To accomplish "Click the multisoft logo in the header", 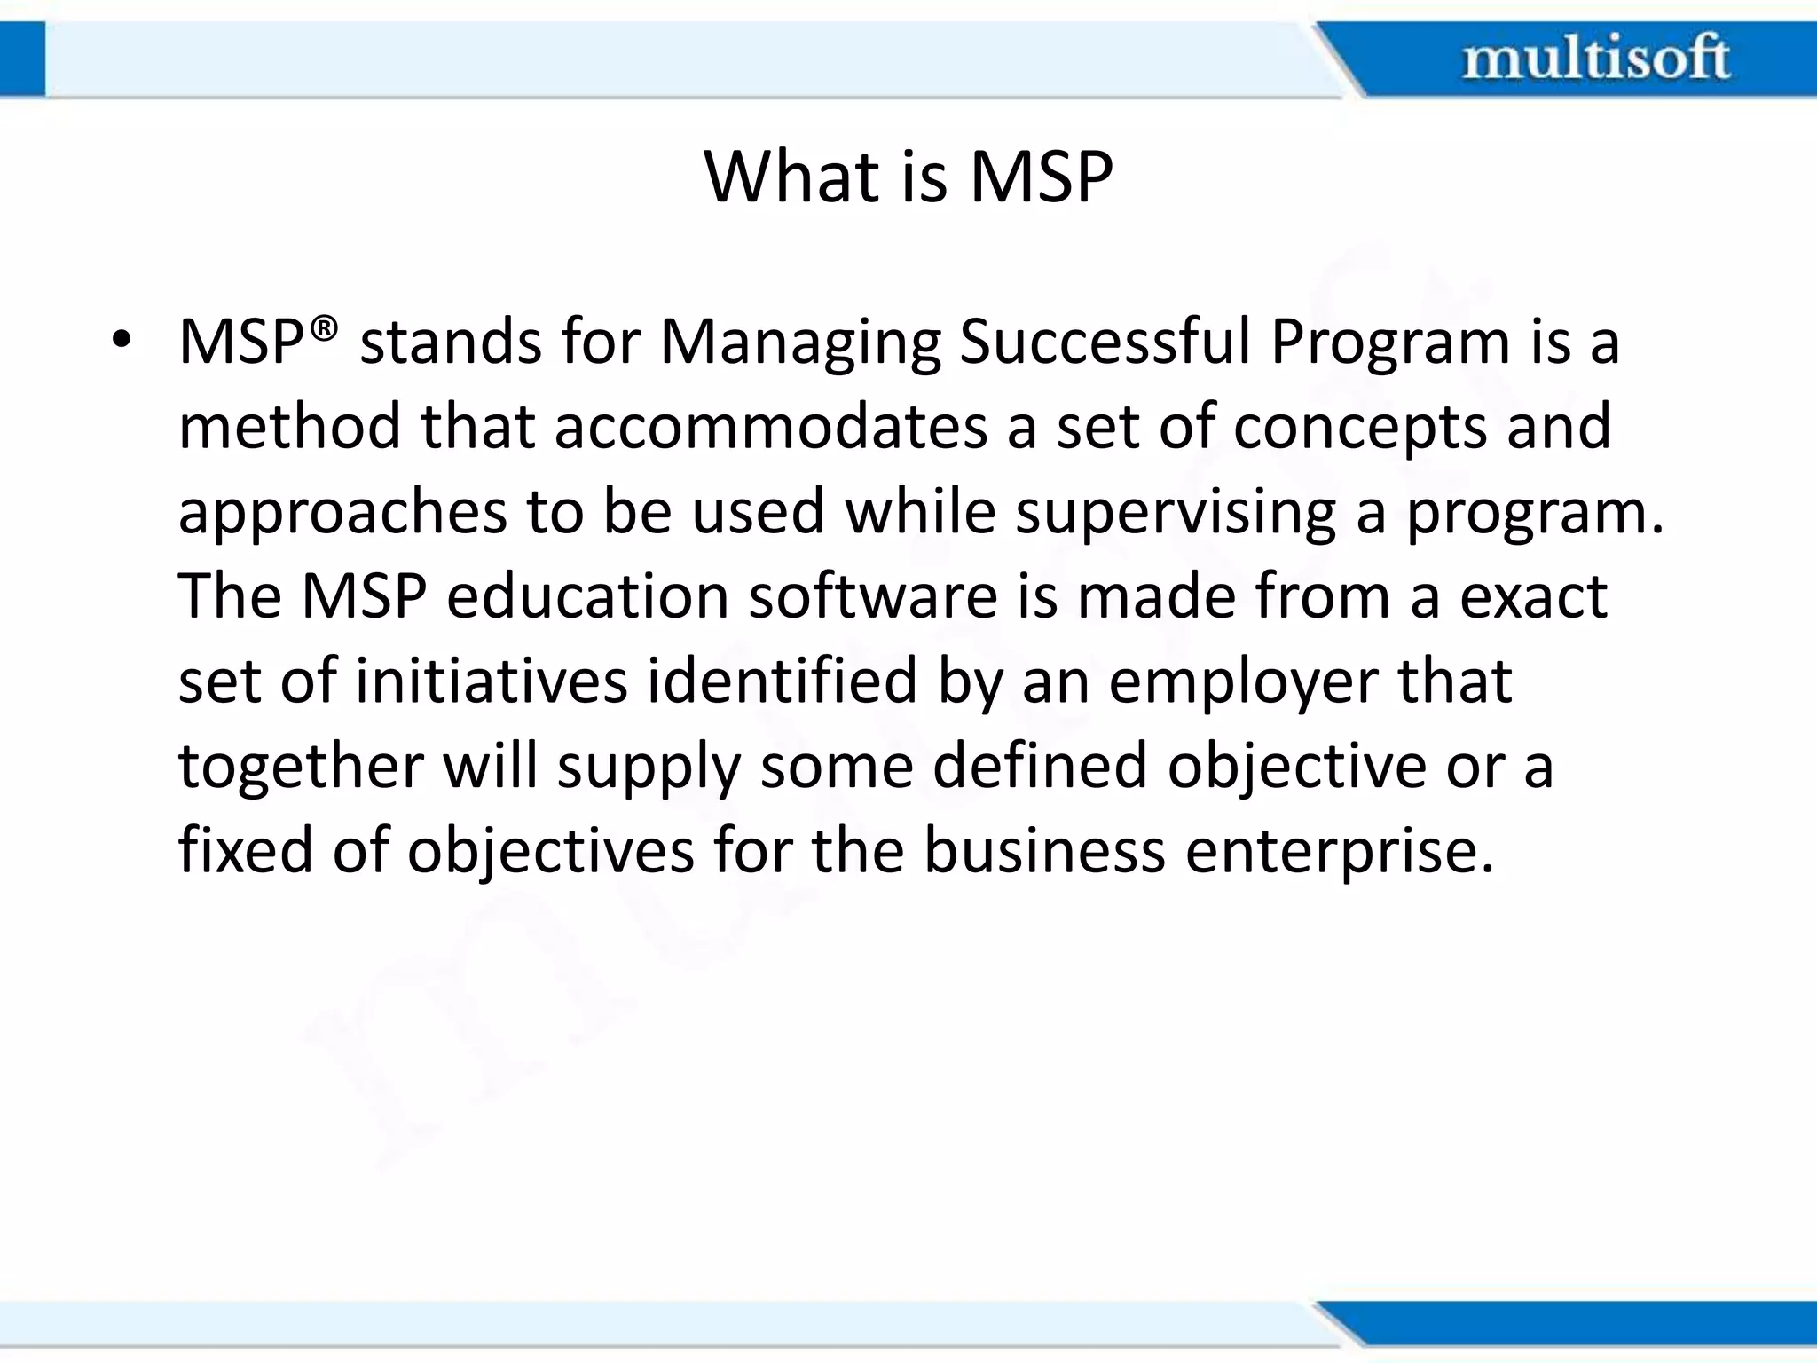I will pyautogui.click(x=1595, y=58).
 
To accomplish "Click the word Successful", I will pyautogui.click(x=1105, y=341).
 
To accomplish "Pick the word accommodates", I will pyautogui.click(x=770, y=426).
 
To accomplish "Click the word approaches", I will pyautogui.click(x=342, y=513).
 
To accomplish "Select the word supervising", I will pyautogui.click(x=1176, y=513).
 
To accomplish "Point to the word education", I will pyautogui.click(x=586, y=596).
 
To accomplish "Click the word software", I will pyautogui.click(x=873, y=596).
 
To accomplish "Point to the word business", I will pyautogui.click(x=1044, y=850).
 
